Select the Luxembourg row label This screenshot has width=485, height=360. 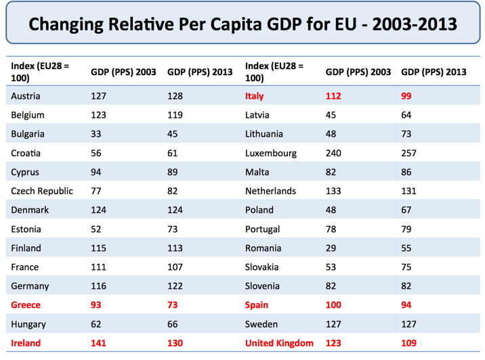click(271, 153)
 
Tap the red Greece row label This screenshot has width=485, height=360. click(26, 305)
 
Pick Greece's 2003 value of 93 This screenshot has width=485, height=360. click(97, 305)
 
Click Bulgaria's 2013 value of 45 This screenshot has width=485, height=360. click(173, 134)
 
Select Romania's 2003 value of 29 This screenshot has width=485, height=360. click(332, 248)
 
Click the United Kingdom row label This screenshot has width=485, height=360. click(279, 343)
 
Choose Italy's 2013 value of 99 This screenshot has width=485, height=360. click(406, 96)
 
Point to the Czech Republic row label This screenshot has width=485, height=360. click(42, 191)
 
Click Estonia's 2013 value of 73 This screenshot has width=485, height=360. click(173, 229)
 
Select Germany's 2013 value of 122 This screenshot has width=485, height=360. click(175, 286)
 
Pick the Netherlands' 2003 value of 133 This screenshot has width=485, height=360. click(334, 191)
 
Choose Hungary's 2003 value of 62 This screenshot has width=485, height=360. click(97, 324)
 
